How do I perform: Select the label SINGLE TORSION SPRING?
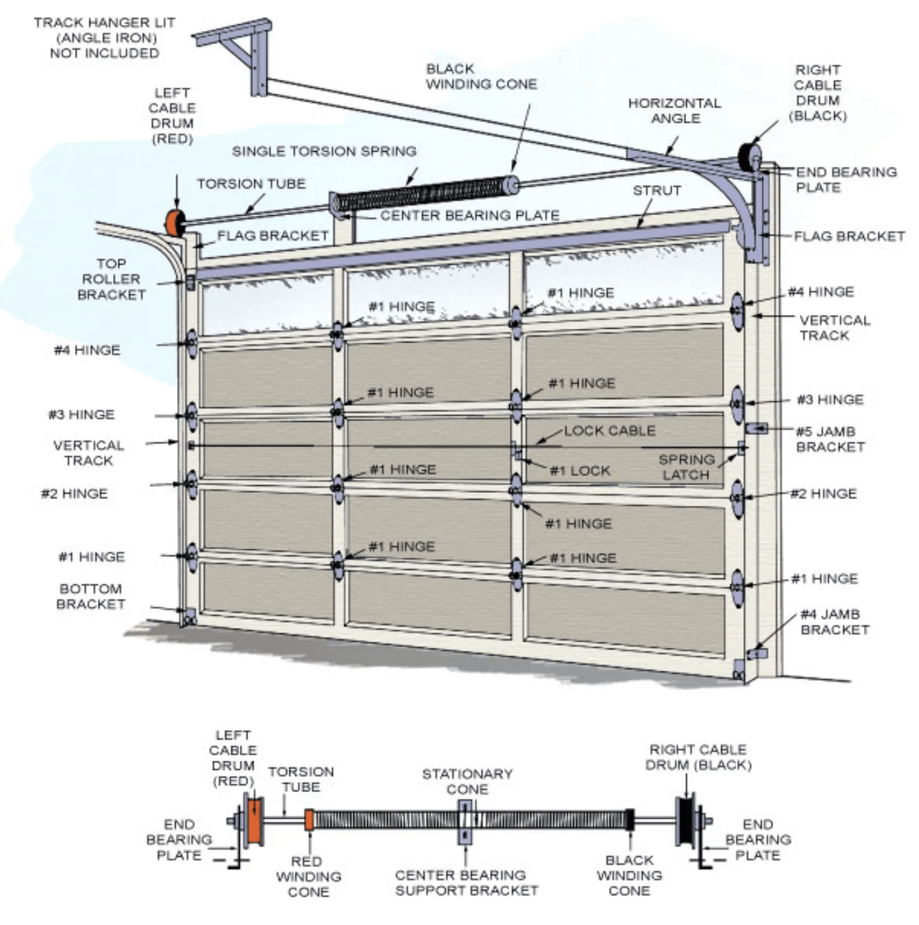pyautogui.click(x=324, y=151)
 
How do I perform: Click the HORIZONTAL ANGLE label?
pyautogui.click(x=674, y=110)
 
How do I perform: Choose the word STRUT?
pyautogui.click(x=657, y=190)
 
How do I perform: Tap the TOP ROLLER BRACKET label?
pyautogui.click(x=111, y=279)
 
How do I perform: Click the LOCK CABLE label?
pyautogui.click(x=610, y=431)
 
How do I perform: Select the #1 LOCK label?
pyautogui.click(x=580, y=471)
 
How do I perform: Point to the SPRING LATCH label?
pyautogui.click(x=686, y=467)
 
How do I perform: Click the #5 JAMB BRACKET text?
pyautogui.click(x=829, y=439)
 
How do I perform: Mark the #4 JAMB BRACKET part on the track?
pyautogui.click(x=757, y=653)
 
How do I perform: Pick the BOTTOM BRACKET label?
pyautogui.click(x=91, y=596)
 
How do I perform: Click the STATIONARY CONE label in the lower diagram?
pyautogui.click(x=467, y=781)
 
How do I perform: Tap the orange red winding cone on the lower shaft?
pyautogui.click(x=309, y=820)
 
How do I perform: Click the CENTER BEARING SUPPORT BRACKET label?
pyautogui.click(x=466, y=882)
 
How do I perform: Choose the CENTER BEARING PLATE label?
pyautogui.click(x=469, y=216)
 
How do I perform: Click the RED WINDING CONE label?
pyautogui.click(x=308, y=876)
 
